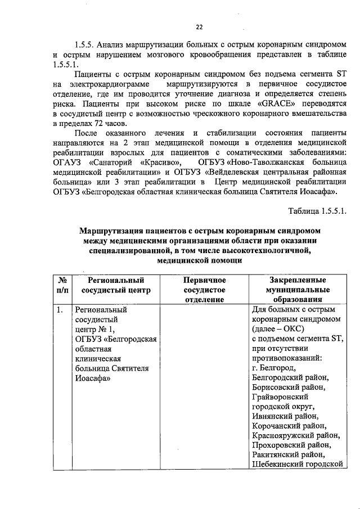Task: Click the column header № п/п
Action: point(63,285)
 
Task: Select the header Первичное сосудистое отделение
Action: point(205,290)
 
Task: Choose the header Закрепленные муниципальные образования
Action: point(298,290)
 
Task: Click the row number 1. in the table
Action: point(60,310)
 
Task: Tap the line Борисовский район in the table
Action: point(288,388)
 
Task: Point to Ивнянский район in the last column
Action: point(285,417)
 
